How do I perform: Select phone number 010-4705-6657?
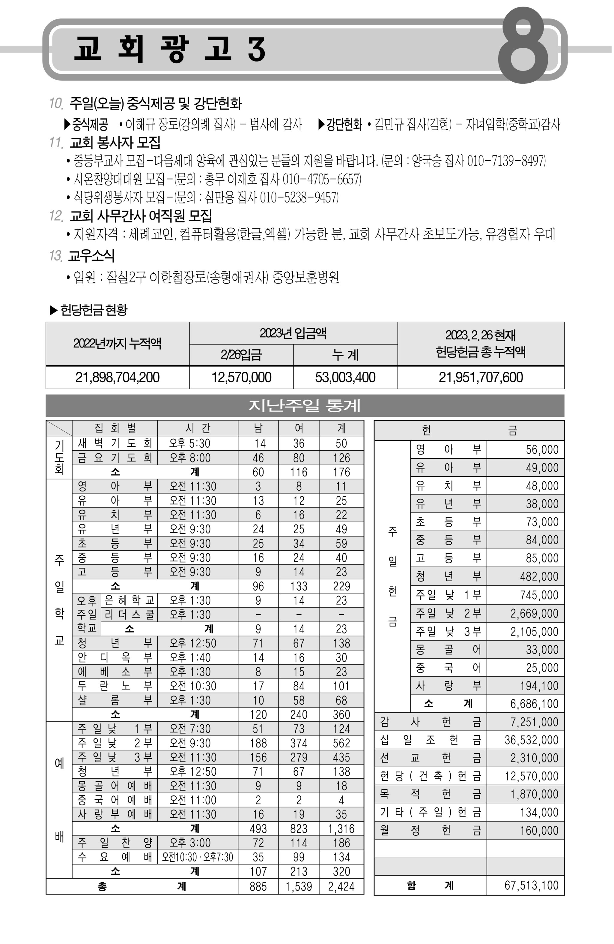pos(321,179)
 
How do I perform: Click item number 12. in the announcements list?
pos(56,216)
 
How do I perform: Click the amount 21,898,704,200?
pos(117,377)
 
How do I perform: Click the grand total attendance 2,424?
pos(341,886)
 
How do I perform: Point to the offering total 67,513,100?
pos(531,885)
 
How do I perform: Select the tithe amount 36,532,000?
pos(531,740)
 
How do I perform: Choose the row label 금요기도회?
pos(115,458)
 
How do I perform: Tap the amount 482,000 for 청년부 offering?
pos(539,577)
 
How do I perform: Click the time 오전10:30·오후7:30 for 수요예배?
pos(197,858)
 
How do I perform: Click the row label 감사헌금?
pos(430,722)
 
